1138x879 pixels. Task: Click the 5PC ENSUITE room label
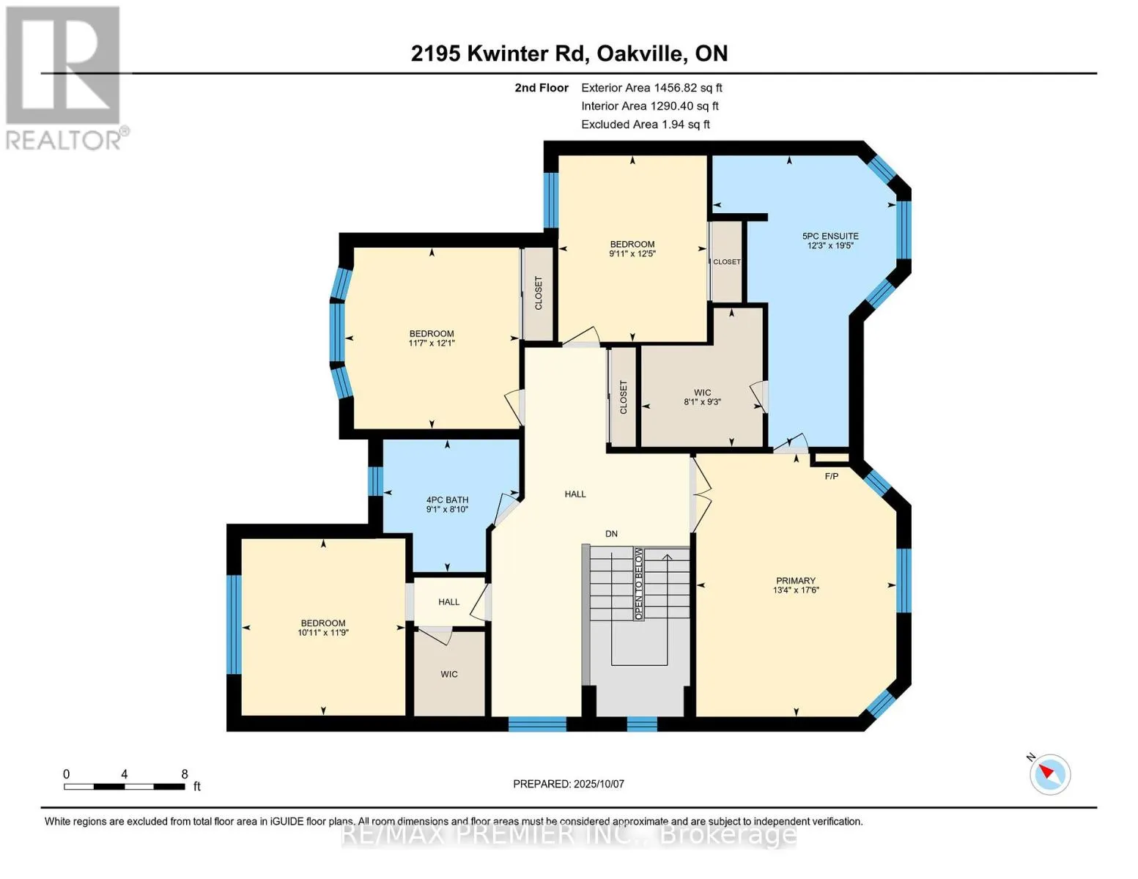830,236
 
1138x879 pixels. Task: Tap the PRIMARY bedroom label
796,581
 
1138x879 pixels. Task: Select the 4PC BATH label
447,500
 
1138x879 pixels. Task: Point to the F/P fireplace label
832,476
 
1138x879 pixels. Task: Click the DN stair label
611,534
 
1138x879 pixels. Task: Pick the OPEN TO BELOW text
638,584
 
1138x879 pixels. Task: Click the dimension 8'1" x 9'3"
702,402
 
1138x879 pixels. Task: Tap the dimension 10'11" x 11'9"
323,632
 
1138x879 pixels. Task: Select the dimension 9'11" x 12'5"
632,253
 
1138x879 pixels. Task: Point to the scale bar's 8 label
185,774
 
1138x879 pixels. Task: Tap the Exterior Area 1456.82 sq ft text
651,88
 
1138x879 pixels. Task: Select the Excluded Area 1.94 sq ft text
645,125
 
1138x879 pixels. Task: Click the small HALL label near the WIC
448,602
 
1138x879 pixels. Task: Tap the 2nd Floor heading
542,88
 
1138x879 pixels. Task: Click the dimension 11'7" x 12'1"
432,343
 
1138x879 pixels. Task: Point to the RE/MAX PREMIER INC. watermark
569,836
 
